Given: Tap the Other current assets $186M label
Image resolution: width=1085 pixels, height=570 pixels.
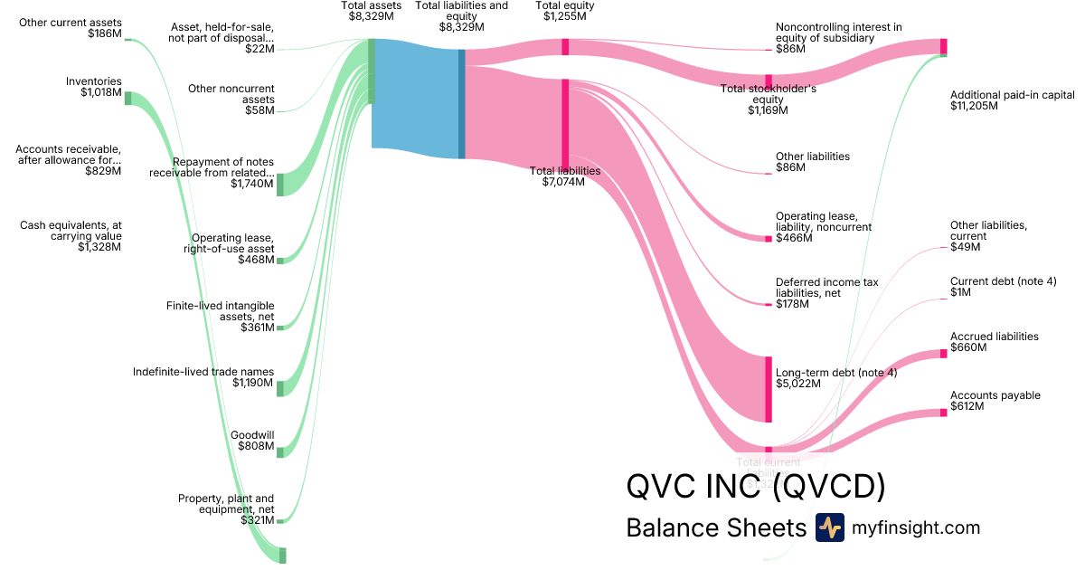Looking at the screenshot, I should pyautogui.click(x=71, y=27).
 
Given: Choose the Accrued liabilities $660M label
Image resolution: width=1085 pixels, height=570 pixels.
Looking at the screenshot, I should pyautogui.click(x=994, y=342).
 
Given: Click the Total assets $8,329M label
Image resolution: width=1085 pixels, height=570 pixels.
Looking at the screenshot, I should pyautogui.click(x=371, y=11).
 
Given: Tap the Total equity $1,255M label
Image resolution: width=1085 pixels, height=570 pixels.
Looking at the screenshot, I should pyautogui.click(x=564, y=11).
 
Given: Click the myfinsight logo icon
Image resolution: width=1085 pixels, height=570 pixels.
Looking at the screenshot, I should pyautogui.click(x=829, y=527).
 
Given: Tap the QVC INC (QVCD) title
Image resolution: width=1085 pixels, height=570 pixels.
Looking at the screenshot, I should pyautogui.click(x=755, y=487).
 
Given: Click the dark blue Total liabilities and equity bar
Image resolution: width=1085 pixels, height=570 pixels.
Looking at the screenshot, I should pyautogui.click(x=462, y=104).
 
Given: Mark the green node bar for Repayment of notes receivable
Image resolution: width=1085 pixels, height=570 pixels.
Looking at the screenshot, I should pyautogui.click(x=280, y=184).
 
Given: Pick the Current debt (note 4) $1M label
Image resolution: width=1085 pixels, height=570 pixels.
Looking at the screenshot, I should pyautogui.click(x=1003, y=288).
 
